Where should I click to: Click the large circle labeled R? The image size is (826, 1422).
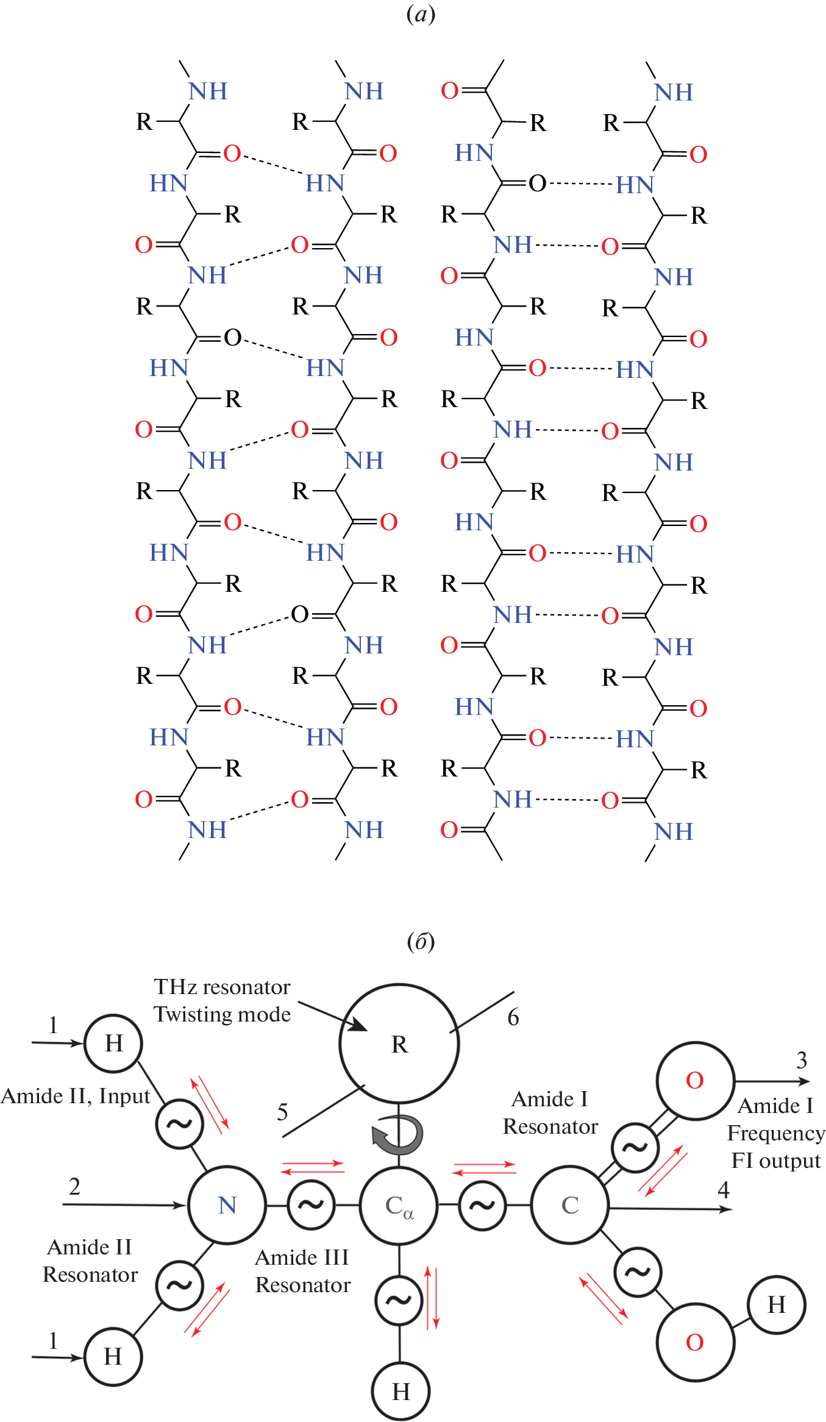pyautogui.click(x=399, y=1043)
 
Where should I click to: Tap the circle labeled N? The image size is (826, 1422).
pyautogui.click(x=227, y=1205)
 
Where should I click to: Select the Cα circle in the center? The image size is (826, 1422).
pyautogui.click(x=399, y=1205)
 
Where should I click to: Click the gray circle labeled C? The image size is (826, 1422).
pyautogui.click(x=570, y=1205)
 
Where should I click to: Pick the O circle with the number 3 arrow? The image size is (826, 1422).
pyautogui.click(x=695, y=1081)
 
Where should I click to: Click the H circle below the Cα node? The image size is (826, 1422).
pyautogui.click(x=401, y=1392)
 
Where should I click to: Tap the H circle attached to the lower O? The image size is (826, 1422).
pyautogui.click(x=776, y=1305)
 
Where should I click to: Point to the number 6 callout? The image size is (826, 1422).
pyautogui.click(x=513, y=1017)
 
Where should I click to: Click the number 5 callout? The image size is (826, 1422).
pyautogui.click(x=282, y=1112)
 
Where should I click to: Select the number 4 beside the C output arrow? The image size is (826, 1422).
pyautogui.click(x=724, y=1189)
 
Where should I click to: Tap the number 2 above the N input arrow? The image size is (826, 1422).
pyautogui.click(x=74, y=1186)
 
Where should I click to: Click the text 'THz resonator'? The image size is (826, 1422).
pyautogui.click(x=222, y=987)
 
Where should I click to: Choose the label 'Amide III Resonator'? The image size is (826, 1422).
pyautogui.click(x=302, y=1271)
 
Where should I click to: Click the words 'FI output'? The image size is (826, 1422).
pyautogui.click(x=776, y=1161)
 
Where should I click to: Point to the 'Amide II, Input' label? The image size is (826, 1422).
pyautogui.click(x=76, y=1096)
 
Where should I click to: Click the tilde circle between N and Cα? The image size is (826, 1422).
pyautogui.click(x=311, y=1205)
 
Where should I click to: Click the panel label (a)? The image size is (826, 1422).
pyautogui.click(x=421, y=14)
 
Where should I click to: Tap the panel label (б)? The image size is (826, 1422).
pyautogui.click(x=421, y=942)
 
